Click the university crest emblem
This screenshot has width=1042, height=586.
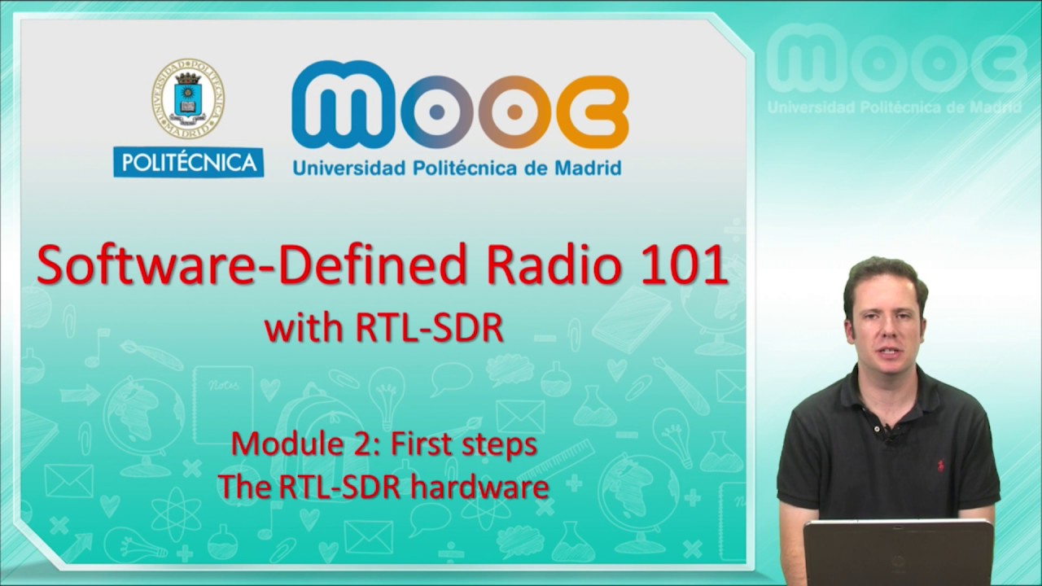tap(187, 98)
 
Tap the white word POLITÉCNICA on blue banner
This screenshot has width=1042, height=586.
tap(188, 162)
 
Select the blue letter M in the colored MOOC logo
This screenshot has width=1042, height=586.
tap(342, 107)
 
